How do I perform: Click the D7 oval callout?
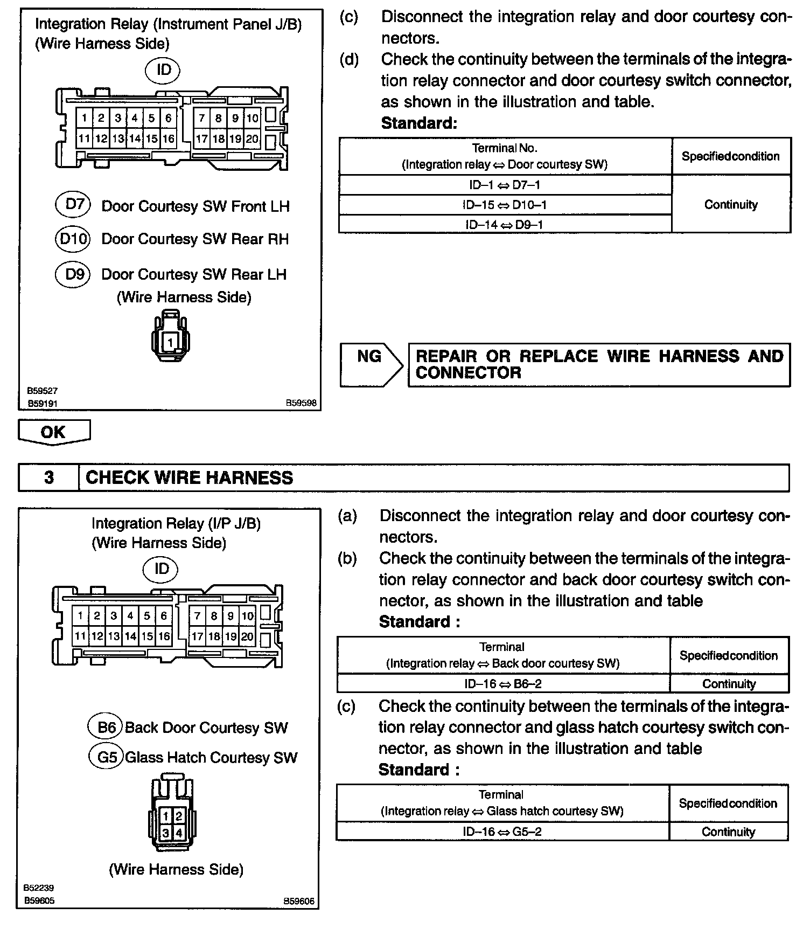click(73, 204)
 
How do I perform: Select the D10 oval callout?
click(73, 239)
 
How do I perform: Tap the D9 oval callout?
click(73, 274)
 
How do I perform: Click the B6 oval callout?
click(106, 727)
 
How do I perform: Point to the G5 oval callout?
click(107, 757)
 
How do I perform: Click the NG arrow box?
click(371, 364)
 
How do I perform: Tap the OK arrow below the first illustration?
click(54, 432)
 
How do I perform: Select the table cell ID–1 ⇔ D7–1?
click(505, 185)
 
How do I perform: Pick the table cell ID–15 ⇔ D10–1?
click(505, 205)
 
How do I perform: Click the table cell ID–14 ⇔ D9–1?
click(505, 224)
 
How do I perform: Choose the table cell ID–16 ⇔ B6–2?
click(503, 683)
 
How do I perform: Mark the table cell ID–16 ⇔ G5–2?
click(502, 831)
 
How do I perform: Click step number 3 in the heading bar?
click(48, 477)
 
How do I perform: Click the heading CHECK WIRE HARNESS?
click(189, 477)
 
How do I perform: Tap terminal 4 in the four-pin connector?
click(179, 833)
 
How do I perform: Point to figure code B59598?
click(301, 403)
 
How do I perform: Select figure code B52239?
click(39, 887)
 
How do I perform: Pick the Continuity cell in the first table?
click(731, 204)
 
